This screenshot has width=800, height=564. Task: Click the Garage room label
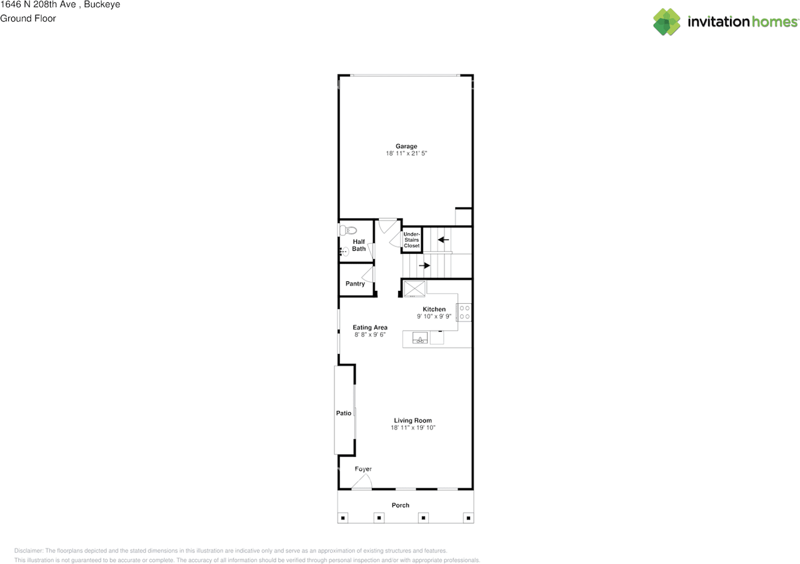tap(406, 146)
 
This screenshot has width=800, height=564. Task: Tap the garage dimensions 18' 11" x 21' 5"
tap(406, 154)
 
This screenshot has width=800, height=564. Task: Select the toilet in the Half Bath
tap(347, 230)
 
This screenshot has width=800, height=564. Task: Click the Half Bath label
tap(359, 245)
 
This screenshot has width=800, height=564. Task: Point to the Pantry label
tap(355, 284)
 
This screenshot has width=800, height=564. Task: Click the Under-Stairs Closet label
tap(411, 239)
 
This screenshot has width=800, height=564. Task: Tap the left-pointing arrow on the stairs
tap(443, 239)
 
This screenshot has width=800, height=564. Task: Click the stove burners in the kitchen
tap(464, 312)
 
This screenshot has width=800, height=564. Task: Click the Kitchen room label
tap(434, 310)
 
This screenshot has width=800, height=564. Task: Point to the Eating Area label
tap(370, 328)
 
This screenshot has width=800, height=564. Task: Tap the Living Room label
tap(412, 421)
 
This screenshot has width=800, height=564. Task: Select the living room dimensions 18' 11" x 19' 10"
tap(412, 428)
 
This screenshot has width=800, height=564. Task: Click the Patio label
tap(343, 413)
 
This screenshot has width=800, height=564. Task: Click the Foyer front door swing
tap(362, 482)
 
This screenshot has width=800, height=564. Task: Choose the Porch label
tap(401, 505)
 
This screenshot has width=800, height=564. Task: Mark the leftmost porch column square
tap(343, 518)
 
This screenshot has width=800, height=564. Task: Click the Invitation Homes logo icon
tap(667, 22)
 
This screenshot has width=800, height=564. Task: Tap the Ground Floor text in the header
tap(28, 18)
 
